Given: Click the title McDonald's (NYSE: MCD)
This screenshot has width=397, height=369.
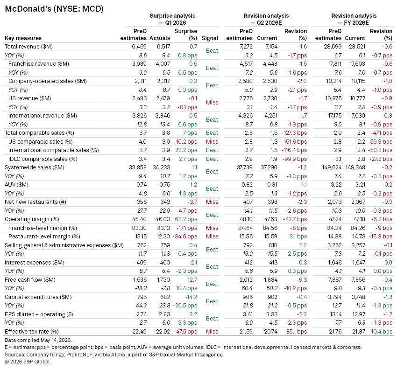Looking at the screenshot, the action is click(x=54, y=9).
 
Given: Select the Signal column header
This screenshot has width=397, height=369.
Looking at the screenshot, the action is click(x=210, y=38).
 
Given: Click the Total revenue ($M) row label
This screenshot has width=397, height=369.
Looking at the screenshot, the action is click(x=28, y=47).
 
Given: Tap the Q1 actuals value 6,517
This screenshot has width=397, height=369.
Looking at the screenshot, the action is click(x=163, y=47).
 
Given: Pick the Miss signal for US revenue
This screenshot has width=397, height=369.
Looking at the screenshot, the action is click(x=212, y=103).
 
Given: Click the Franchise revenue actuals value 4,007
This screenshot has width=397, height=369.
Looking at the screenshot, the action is click(x=163, y=64).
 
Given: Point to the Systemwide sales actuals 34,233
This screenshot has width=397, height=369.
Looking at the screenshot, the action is click(x=161, y=167).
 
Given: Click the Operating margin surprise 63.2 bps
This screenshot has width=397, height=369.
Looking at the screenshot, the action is click(x=186, y=219).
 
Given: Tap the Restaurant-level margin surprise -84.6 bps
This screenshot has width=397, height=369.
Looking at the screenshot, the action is click(x=185, y=237).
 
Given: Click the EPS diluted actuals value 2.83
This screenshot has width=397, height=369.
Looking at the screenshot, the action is click(x=164, y=314).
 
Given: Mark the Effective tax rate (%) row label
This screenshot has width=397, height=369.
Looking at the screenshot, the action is click(x=32, y=332).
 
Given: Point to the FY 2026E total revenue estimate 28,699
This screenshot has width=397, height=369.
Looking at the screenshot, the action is click(x=333, y=47).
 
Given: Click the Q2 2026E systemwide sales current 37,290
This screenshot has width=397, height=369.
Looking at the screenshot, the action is click(x=269, y=167).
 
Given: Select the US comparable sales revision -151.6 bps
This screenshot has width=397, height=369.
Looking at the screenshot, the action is click(x=294, y=142).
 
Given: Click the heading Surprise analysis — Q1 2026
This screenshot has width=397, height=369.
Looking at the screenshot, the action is click(x=172, y=19).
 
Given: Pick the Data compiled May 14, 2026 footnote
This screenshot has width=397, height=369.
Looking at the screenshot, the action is click(x=38, y=340).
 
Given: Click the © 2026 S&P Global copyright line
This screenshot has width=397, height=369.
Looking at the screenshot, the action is click(x=28, y=362).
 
